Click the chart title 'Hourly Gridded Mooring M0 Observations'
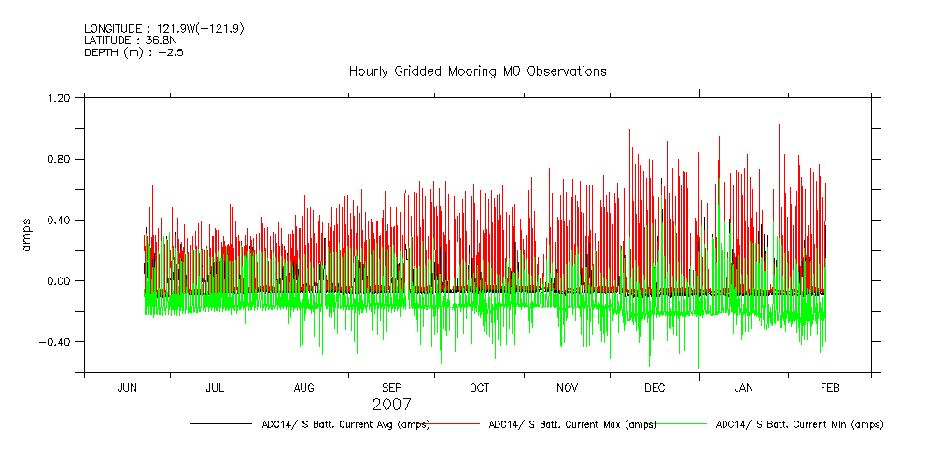(477, 71)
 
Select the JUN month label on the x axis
(127, 387)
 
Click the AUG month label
(304, 387)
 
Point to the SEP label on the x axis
(392, 387)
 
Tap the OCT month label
(479, 387)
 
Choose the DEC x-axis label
(654, 387)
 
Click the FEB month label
(830, 387)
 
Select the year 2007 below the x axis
(392, 406)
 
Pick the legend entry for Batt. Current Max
(571, 424)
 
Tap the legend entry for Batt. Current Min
(798, 424)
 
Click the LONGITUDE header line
(164, 28)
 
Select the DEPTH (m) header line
(134, 52)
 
